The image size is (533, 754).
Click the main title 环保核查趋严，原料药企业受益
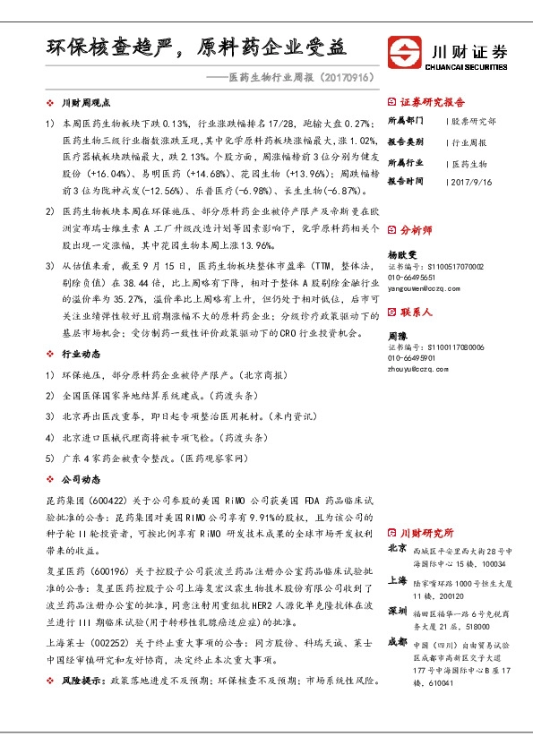(196, 47)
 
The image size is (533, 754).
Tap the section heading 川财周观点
(86, 104)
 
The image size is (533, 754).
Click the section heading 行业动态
(81, 355)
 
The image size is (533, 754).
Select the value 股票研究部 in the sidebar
(474, 121)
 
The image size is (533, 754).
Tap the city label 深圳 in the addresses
(397, 610)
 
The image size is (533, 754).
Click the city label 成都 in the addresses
(397, 642)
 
